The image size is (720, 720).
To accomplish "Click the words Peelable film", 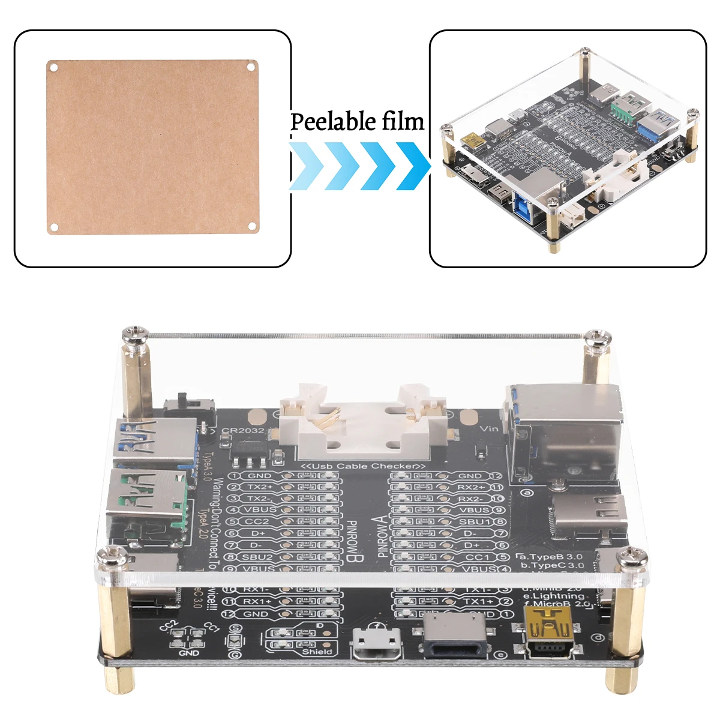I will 358,122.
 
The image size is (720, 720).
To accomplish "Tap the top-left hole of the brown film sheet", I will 53,67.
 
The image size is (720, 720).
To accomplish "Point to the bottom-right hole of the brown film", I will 252,226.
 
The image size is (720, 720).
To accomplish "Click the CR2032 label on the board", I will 242,430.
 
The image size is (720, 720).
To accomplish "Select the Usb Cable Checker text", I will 363,466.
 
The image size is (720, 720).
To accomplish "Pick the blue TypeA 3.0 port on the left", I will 154,441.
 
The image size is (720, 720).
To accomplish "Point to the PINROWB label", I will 351,540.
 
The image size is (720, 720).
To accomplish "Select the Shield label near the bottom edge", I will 317,651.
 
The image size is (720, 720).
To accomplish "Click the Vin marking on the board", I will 489,428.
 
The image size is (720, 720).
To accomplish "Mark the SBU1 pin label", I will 475,521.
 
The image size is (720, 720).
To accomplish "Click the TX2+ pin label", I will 260,487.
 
